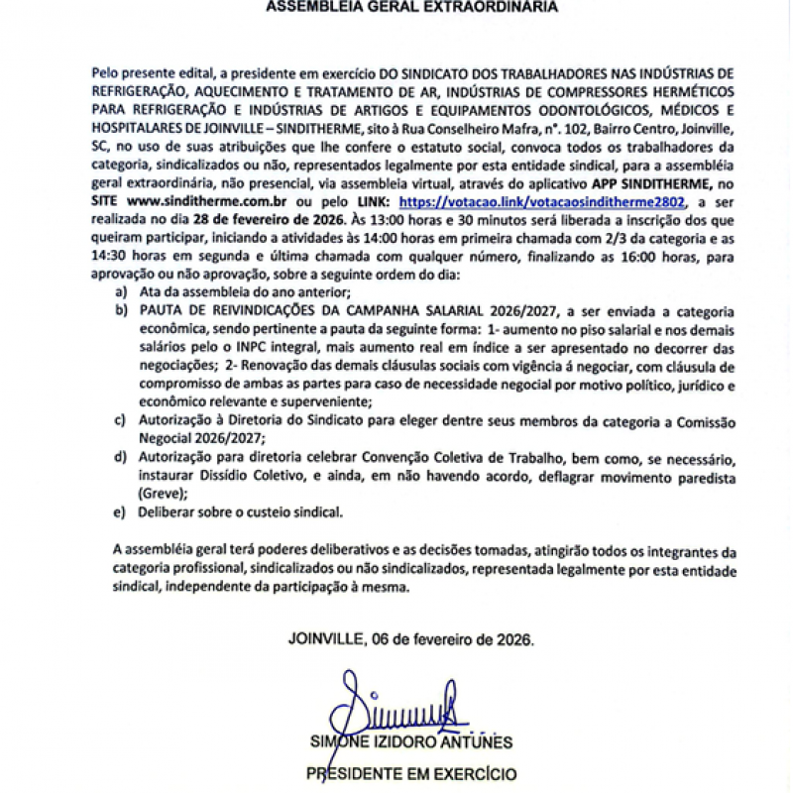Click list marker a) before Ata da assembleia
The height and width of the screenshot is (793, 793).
point(121,294)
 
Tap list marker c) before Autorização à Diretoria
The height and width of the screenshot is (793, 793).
point(121,421)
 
